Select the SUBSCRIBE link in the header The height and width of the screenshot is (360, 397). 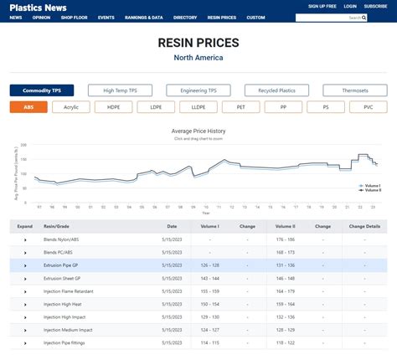(x=375, y=6)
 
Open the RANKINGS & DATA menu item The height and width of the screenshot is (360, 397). (x=145, y=17)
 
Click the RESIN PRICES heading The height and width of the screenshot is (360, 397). (x=198, y=42)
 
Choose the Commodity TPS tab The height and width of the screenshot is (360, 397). (x=42, y=90)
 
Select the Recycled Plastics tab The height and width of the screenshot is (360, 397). (x=276, y=90)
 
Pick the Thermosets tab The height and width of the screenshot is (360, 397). (x=355, y=90)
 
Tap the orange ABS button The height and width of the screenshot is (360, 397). (x=28, y=107)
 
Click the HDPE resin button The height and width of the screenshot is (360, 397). (x=113, y=107)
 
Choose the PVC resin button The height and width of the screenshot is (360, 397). (x=369, y=107)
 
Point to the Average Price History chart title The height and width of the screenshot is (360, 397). (x=198, y=131)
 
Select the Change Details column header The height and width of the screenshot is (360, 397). (x=364, y=226)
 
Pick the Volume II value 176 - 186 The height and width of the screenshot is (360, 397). (x=286, y=239)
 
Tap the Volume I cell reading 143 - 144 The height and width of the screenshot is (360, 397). (x=210, y=277)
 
